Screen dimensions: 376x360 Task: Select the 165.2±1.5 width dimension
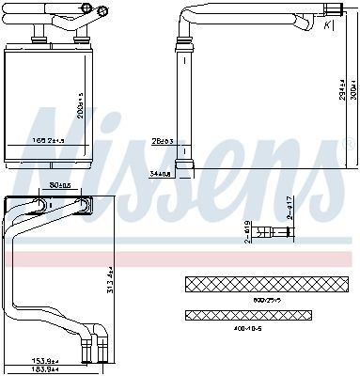click(x=50, y=140)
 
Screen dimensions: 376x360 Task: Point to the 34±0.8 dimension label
click(x=159, y=173)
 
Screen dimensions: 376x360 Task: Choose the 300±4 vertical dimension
click(x=350, y=88)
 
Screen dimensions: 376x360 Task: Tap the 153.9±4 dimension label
click(x=45, y=360)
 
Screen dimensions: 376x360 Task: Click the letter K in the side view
click(x=326, y=25)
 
